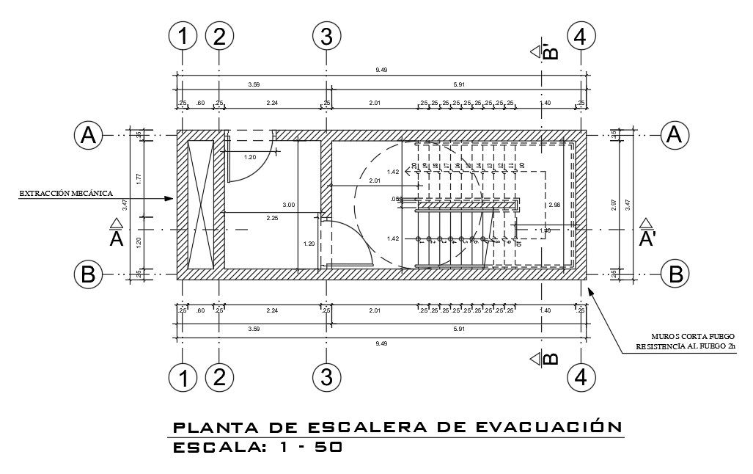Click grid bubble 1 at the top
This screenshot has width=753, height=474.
pos(183,36)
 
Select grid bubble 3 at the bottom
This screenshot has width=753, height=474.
pos(326,378)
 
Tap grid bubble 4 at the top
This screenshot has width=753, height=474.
pos(581,36)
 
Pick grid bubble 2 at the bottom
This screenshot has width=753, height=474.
pos(219,378)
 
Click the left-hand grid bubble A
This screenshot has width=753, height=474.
pos(88,135)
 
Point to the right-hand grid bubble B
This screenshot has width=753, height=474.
pos(675,274)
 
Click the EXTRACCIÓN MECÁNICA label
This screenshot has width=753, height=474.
pos(66,194)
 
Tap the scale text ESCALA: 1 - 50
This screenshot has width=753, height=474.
pos(257,447)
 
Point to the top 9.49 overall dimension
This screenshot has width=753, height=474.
pos(381,70)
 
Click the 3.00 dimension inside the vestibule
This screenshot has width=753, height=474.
pos(289,205)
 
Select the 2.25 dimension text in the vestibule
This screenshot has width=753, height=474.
pos(271,217)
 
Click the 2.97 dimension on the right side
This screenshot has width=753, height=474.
pos(614,207)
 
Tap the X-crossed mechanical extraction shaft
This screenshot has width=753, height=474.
pos(200,204)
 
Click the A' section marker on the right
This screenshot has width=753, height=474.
pos(646,234)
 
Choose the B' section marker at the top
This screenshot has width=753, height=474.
pos(548,51)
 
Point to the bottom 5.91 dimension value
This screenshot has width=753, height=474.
pos(460,329)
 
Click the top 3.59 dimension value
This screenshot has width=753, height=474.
pos(254,85)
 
